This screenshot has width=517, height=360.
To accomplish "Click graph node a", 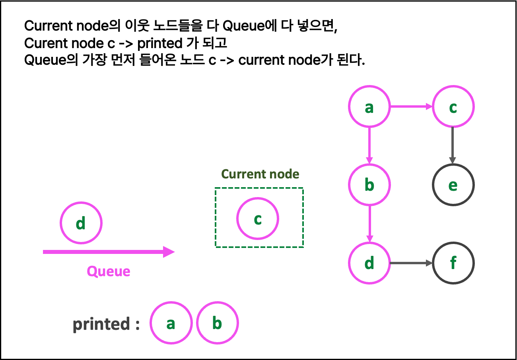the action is click(x=369, y=106).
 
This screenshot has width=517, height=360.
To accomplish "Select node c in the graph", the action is click(x=453, y=106).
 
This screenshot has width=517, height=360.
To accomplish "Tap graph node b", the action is click(x=369, y=185).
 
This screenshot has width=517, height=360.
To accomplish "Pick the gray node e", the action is click(x=453, y=185).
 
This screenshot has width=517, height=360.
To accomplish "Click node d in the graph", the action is click(x=369, y=263).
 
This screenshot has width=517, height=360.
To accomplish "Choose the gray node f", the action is click(x=453, y=263).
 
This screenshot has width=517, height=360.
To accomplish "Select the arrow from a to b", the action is click(x=369, y=145).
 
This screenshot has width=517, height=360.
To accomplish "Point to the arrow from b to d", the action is click(x=369, y=224).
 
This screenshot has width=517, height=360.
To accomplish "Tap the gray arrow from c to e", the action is click(x=453, y=145).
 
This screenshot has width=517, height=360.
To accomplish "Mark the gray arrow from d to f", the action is click(x=411, y=263).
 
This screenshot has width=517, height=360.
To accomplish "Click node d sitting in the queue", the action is click(x=81, y=223).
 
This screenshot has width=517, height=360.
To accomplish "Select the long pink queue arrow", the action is click(x=103, y=252).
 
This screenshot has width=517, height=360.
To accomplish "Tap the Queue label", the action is click(x=109, y=271).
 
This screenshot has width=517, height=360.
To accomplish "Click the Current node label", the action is click(x=260, y=174).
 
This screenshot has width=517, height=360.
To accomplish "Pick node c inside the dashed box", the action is click(x=258, y=219).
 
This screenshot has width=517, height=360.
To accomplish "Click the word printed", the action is click(x=101, y=324).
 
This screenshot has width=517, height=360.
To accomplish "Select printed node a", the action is click(x=171, y=323).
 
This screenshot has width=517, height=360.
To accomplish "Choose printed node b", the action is click(x=217, y=323).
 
